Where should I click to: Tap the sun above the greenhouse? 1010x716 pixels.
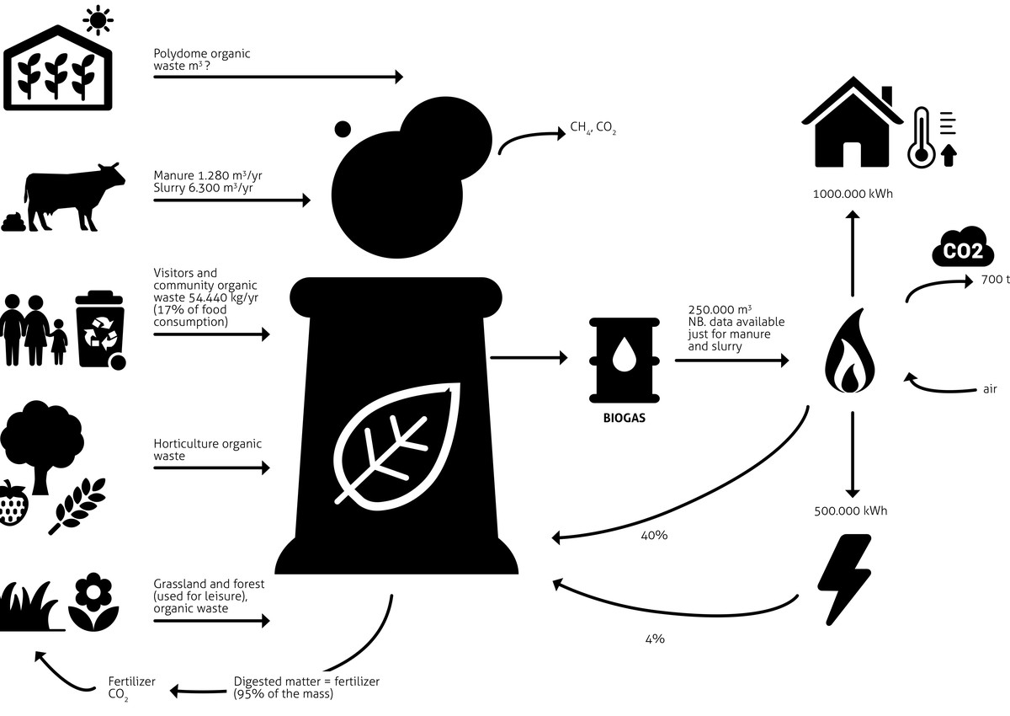coord(99,19)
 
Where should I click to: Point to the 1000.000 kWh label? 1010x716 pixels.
coord(852,194)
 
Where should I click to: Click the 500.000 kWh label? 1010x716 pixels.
coord(851,510)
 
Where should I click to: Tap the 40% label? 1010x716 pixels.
coord(654,535)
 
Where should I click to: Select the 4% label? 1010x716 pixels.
coord(654,639)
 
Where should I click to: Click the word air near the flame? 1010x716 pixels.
coord(990,389)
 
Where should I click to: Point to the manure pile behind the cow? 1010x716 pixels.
coord(13,222)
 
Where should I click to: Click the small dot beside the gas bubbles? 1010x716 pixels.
coord(343,129)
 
